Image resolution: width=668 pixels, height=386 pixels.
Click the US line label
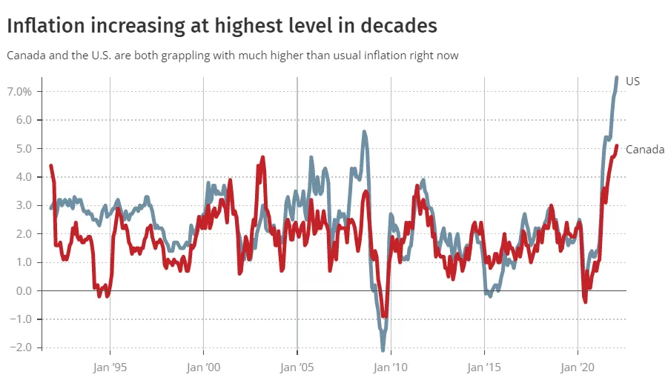632,81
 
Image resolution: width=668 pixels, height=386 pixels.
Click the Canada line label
645,150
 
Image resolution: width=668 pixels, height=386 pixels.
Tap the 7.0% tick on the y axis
19,92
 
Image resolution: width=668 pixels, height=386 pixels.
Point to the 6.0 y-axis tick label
24,120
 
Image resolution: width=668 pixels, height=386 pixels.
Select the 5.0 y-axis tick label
24,148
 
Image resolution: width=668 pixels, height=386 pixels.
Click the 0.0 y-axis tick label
24,290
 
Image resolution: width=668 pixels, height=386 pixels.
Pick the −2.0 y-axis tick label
21,347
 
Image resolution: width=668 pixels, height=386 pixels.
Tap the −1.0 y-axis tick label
21,319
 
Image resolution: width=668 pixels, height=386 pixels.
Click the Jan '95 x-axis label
110,367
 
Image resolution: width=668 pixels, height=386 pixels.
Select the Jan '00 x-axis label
204,367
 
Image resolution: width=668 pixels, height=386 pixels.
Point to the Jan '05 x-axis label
297,367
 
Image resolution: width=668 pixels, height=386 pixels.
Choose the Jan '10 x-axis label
391,367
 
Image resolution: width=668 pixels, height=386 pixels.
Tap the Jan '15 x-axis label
484,367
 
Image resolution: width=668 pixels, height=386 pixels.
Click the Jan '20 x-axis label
578,367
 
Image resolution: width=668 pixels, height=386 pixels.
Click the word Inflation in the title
46,25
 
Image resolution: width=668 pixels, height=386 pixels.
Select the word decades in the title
399,25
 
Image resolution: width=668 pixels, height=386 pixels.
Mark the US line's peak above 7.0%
616,78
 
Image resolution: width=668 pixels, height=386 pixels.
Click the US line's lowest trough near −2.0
383,350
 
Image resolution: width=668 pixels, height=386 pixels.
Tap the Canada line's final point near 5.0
616,146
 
